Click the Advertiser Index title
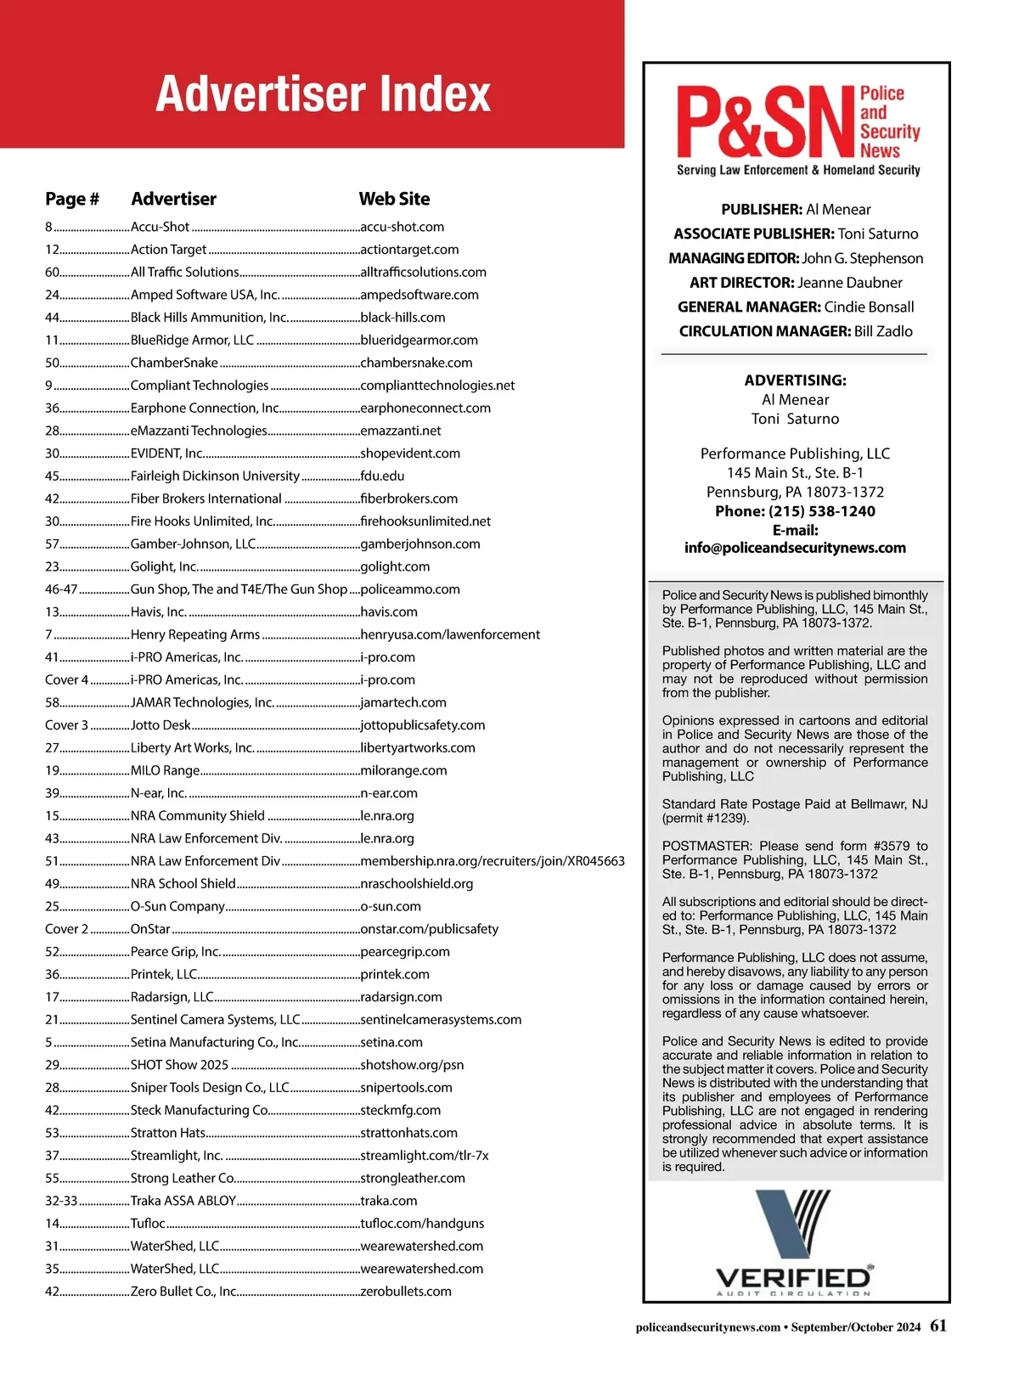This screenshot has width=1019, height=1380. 323,93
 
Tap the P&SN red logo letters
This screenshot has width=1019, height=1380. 764,123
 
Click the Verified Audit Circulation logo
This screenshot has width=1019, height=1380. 794,1244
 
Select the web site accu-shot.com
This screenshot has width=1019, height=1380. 402,227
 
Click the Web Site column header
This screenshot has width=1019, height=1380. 394,199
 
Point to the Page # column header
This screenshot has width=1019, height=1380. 72,199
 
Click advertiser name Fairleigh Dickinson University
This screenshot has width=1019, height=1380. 215,476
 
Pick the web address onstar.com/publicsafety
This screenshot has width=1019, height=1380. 429,929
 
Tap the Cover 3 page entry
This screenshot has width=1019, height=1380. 66,725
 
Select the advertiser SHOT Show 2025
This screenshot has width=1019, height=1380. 179,1065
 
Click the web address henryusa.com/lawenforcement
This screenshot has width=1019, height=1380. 450,634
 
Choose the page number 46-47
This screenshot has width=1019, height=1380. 61,589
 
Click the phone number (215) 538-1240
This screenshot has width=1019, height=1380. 822,511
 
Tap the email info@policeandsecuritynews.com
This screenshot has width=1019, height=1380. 795,548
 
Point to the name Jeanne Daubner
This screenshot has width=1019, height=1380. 850,283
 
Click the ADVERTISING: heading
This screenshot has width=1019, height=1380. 795,380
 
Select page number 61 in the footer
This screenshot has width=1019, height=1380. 938,1326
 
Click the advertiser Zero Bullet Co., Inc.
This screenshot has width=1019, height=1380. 183,1292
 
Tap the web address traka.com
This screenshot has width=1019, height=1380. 389,1201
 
